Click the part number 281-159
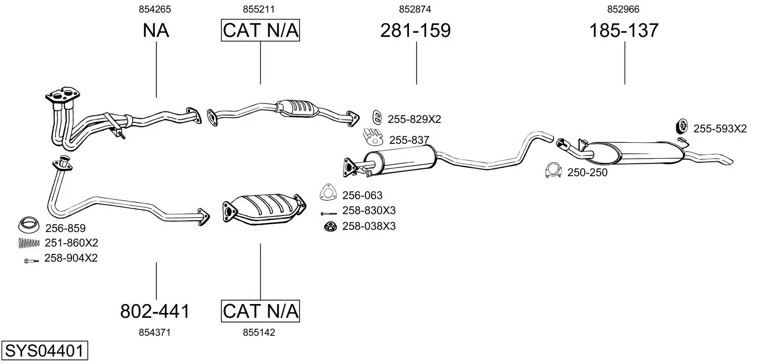[x=415, y=31]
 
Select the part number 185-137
[x=624, y=31]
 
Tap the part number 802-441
[x=155, y=311]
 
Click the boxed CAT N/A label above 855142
[x=260, y=311]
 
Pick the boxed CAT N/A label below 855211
[x=260, y=31]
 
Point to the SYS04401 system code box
[x=44, y=351]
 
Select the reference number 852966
[x=623, y=9]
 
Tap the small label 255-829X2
[x=414, y=119]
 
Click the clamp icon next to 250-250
[x=553, y=172]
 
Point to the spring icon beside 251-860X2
[x=29, y=243]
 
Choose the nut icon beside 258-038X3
[x=330, y=226]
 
